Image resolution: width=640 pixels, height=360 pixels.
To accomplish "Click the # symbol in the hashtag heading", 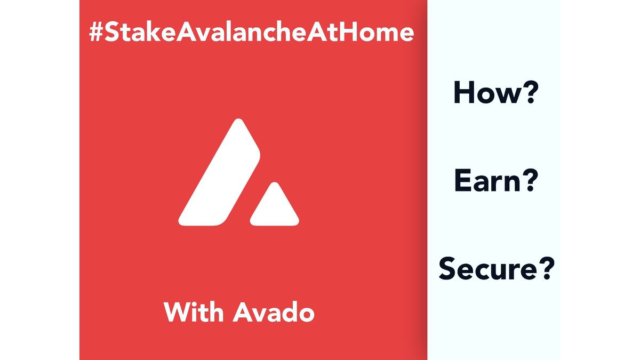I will (96, 33).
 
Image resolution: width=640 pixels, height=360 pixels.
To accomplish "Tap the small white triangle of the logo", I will (274, 208).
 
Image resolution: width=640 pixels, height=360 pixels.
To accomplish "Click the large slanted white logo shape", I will (221, 179).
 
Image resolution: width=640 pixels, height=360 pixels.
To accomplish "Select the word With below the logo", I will (194, 312).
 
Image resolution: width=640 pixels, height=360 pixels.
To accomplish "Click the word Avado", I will (274, 312).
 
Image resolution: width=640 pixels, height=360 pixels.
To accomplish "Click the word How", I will (485, 93).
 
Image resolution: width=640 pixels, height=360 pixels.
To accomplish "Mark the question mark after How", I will (527, 93).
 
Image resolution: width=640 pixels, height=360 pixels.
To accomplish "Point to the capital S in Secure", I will (448, 269).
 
